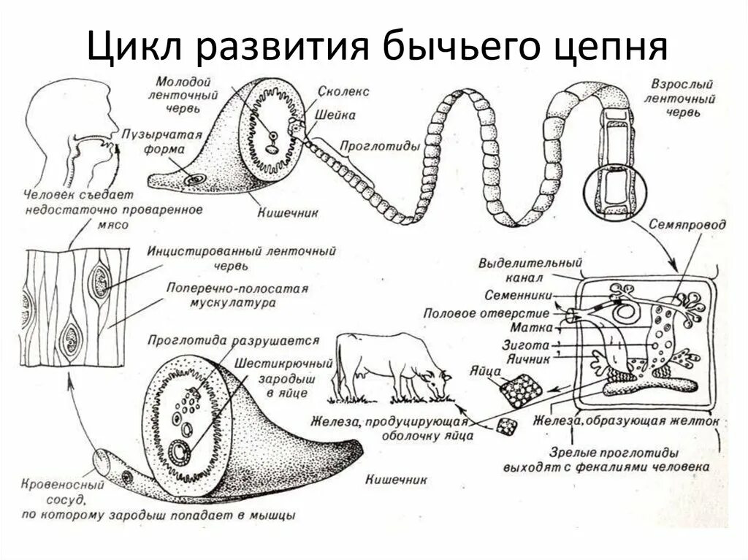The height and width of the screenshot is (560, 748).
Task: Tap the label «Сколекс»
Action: (343, 92)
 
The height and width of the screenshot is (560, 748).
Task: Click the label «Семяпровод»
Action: (687, 225)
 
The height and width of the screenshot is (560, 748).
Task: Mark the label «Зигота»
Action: (525, 342)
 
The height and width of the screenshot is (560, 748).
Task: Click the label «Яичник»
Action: (523, 356)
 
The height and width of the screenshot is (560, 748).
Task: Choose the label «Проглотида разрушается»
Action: (233, 340)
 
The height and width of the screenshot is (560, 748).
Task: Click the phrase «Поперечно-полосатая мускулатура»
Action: (237, 294)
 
